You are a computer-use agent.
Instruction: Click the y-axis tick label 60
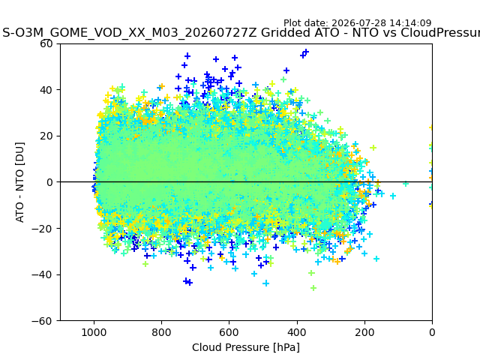[x=46, y=43]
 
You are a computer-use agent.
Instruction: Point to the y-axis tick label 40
[x=46, y=90]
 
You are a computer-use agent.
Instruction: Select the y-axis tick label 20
[x=46, y=136]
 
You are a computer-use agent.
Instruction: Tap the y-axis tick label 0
[x=49, y=182]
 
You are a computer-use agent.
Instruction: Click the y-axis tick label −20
[x=42, y=229]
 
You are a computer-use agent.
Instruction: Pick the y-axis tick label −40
[x=42, y=275]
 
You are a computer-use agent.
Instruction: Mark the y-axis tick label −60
[x=42, y=321]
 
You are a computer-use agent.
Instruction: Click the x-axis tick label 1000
[x=94, y=332]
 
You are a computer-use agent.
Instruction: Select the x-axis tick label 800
[x=162, y=332]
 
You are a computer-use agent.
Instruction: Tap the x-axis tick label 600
[x=229, y=332]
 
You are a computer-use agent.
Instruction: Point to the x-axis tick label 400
[x=297, y=332]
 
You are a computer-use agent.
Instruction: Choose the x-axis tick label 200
[x=364, y=332]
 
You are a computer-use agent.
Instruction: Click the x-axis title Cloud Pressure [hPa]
[x=246, y=347]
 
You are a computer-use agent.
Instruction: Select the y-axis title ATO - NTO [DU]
[x=19, y=182]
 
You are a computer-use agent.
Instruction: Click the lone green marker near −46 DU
[x=313, y=288]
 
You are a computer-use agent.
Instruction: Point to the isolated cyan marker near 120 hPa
[x=393, y=196]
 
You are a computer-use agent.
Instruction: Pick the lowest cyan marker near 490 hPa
[x=266, y=283]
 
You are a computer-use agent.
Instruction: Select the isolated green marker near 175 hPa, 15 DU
[x=373, y=148]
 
